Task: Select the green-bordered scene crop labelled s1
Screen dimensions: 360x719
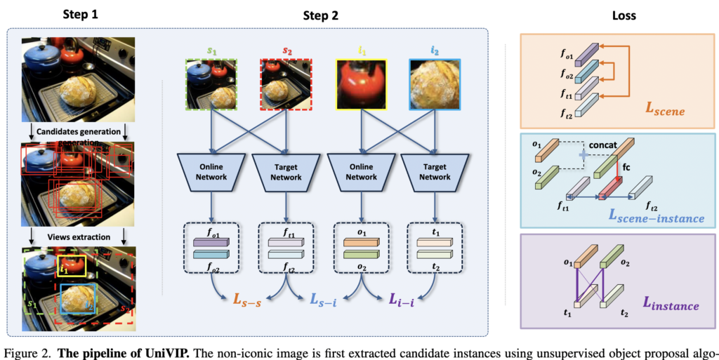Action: (213, 84)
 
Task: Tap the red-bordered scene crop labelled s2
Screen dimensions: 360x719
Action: (287, 84)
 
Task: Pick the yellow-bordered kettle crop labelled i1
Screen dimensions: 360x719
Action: (362, 84)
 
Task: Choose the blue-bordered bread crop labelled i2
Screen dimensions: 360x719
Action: (436, 84)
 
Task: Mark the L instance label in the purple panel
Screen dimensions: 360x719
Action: (671, 305)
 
